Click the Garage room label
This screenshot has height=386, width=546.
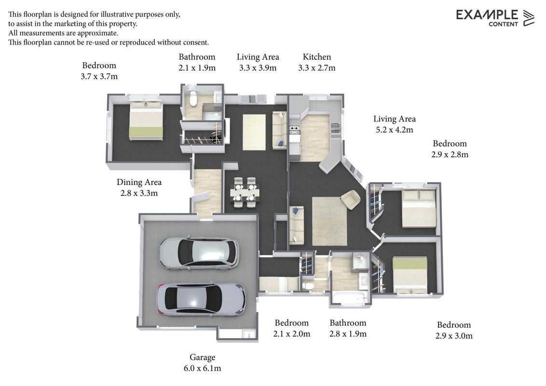[202, 357]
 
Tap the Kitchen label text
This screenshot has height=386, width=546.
[316, 57]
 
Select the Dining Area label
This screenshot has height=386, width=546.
[139, 182]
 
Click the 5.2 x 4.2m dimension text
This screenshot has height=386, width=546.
[394, 130]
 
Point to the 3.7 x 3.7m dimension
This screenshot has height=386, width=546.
[99, 76]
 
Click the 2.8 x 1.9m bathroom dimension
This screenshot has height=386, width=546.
[348, 334]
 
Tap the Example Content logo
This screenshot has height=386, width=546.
[495, 18]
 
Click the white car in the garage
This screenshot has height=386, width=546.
[199, 253]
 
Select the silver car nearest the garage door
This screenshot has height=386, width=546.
[201, 300]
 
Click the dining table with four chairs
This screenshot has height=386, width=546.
[245, 193]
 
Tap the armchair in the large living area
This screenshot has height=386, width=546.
[350, 200]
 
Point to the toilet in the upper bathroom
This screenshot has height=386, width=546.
[193, 98]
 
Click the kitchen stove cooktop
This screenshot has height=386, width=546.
[294, 130]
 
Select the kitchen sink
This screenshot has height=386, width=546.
[335, 128]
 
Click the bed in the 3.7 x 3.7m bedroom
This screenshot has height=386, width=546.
[146, 120]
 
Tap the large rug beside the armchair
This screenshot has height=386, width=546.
[329, 221]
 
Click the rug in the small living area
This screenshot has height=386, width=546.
[254, 132]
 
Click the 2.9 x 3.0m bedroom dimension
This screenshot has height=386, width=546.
[454, 336]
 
